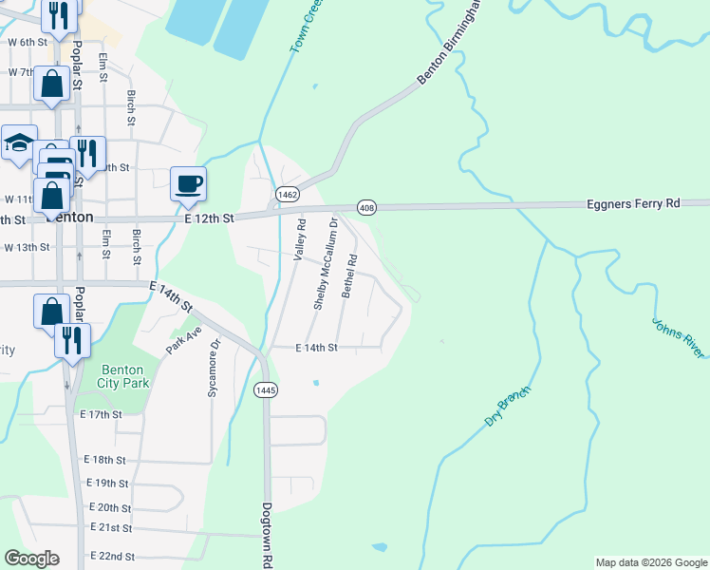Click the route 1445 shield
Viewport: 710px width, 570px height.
(266, 389)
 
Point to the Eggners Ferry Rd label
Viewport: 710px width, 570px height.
(634, 203)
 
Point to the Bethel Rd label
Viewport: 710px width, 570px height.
(349, 275)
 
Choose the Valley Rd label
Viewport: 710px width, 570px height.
(301, 240)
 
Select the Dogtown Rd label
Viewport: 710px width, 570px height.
(267, 535)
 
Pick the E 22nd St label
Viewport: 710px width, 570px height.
(112, 556)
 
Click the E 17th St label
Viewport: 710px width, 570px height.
(102, 415)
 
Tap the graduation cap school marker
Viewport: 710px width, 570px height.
(19, 144)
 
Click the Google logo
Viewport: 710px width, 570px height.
(31, 559)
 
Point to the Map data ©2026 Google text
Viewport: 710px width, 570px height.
(650, 562)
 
